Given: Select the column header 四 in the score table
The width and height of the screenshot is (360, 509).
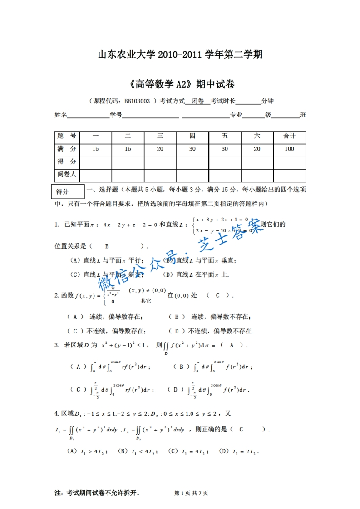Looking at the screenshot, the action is pyautogui.click(x=192, y=136).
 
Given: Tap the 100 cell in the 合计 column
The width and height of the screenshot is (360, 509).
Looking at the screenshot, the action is pyautogui.click(x=289, y=149).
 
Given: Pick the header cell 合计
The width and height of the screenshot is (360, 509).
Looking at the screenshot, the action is pyautogui.click(x=289, y=136).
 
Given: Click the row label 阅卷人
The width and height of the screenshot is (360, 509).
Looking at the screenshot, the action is pyautogui.click(x=67, y=174).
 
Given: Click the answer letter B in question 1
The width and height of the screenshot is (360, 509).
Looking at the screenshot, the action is pyautogui.click(x=107, y=246).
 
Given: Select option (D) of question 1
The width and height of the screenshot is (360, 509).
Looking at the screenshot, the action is pyautogui.click(x=196, y=274).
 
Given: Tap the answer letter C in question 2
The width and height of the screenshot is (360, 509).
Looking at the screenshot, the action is pyautogui.click(x=217, y=295).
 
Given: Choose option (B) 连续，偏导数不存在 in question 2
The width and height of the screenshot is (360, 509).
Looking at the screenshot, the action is pyautogui.click(x=209, y=317).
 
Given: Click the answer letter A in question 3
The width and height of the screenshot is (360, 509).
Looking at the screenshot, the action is pyautogui.click(x=231, y=345).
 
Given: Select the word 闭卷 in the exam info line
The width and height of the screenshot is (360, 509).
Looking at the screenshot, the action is pyautogui.click(x=197, y=101).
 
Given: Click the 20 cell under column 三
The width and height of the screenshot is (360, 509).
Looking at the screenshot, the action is pyautogui.click(x=160, y=149).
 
